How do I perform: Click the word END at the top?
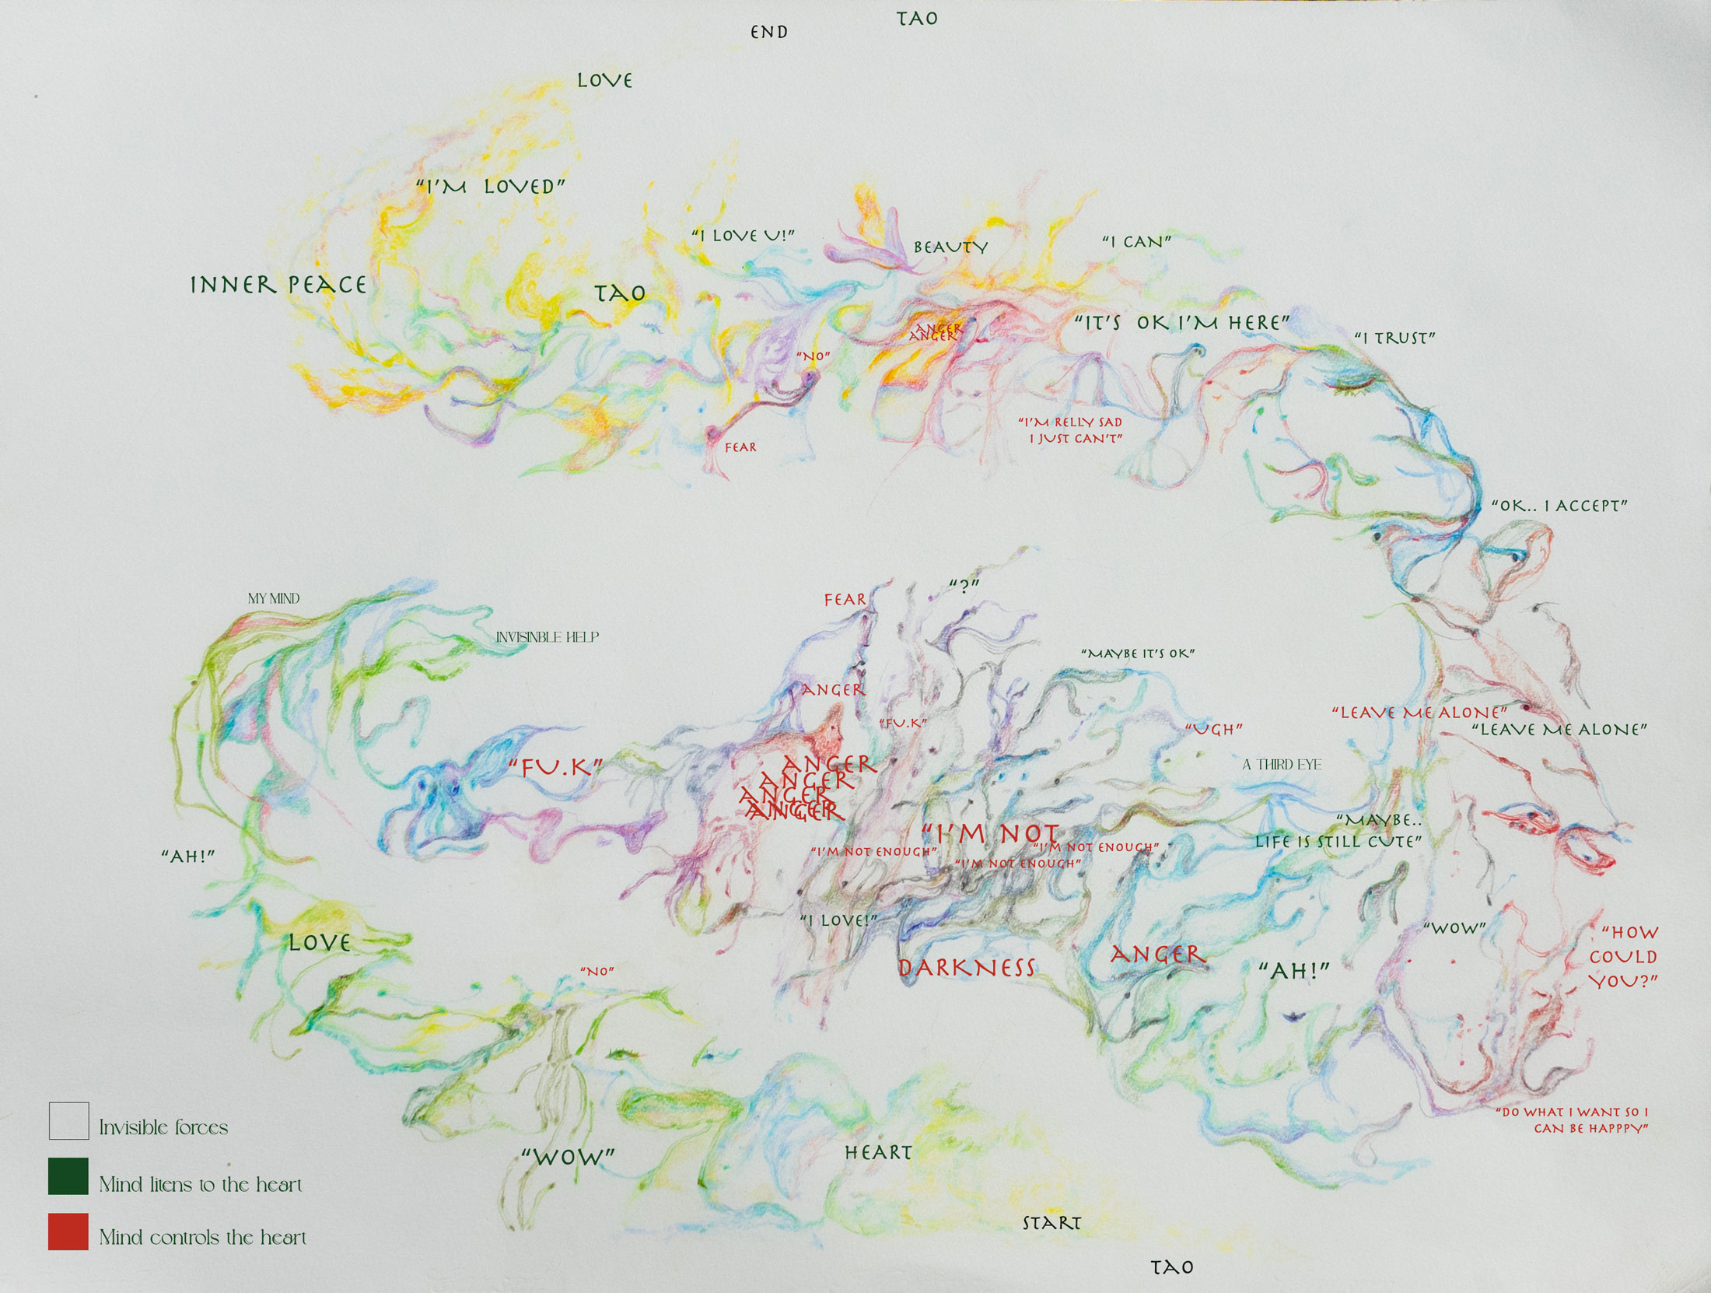768,32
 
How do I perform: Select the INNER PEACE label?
278,285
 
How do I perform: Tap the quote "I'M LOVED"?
490,187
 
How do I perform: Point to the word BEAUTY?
950,247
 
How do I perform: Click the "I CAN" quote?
1136,242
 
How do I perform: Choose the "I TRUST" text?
1394,338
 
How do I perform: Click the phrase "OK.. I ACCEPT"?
1559,506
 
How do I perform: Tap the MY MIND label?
274,598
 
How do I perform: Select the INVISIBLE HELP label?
548,637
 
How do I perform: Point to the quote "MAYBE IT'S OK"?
1138,654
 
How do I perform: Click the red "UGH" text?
1213,729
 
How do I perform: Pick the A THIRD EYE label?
1282,765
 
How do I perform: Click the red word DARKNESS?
967,968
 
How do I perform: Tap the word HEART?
878,1152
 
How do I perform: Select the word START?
1051,1223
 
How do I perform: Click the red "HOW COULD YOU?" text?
1623,956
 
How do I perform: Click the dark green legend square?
68,1176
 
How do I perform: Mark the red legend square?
68,1232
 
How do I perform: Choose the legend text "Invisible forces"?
163,1127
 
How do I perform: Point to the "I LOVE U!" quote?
743,235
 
